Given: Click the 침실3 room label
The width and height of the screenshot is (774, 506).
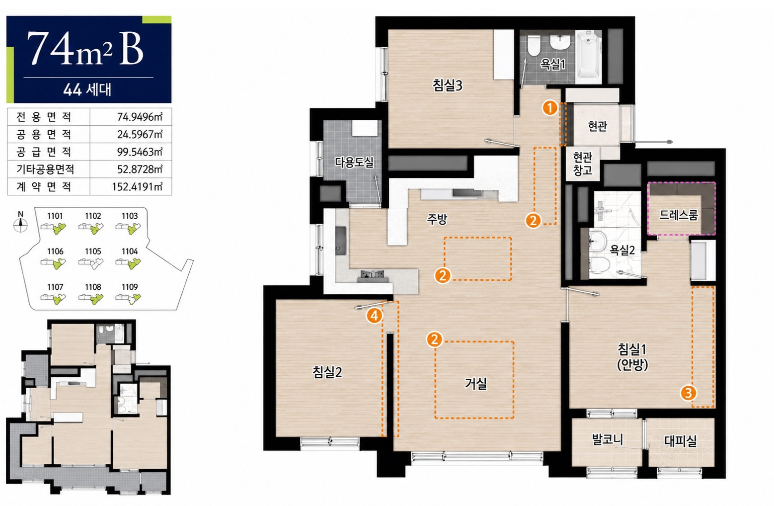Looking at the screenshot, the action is click(448, 85).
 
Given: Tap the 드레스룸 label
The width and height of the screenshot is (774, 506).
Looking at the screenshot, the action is click(679, 215).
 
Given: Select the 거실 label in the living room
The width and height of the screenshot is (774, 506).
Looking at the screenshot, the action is click(476, 383).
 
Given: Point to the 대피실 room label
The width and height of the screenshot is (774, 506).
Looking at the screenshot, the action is click(681, 441).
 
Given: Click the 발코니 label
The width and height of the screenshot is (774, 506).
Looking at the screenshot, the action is click(608, 439).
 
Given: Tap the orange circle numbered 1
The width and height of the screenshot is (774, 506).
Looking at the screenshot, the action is click(550, 108).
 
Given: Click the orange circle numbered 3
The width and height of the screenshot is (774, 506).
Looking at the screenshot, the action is click(688, 393).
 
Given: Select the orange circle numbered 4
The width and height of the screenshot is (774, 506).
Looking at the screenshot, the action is click(375, 315).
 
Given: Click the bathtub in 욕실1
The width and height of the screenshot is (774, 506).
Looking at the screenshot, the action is click(588, 57).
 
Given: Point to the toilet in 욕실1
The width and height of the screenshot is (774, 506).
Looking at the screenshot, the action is click(534, 45).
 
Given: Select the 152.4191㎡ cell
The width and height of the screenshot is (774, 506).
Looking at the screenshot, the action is click(137, 186).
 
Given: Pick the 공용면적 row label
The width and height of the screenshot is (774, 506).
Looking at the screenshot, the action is click(44, 134).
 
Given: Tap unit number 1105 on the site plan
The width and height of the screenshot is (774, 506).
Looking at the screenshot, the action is click(93, 252).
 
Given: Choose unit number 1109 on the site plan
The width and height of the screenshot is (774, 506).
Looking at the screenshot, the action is click(130, 287).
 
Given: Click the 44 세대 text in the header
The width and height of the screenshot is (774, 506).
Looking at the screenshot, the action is click(87, 89).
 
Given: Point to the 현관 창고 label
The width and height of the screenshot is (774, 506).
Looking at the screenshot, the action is click(583, 164).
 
